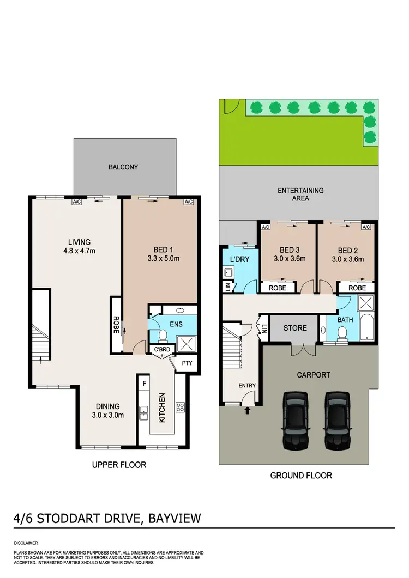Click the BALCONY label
(123, 167)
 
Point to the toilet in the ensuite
(163, 336)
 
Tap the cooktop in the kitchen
(180, 407)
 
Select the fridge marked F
(144, 384)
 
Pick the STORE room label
(295, 328)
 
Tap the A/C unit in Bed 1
(189, 202)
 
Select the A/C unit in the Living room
(77, 202)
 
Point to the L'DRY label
(240, 259)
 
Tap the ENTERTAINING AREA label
(300, 194)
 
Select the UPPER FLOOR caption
(119, 465)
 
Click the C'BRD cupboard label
(161, 349)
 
